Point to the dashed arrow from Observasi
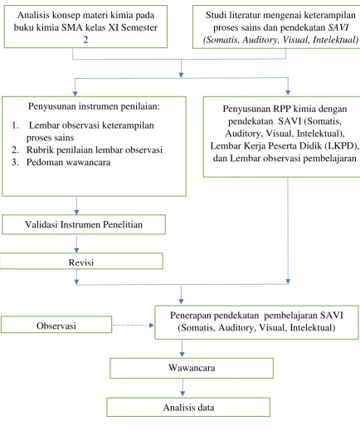(x=134, y=326)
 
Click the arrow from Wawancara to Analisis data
(x=182, y=387)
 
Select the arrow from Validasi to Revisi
(x=76, y=243)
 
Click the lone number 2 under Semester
(x=85, y=40)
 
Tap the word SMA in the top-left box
(x=72, y=27)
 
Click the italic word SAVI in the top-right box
(x=338, y=27)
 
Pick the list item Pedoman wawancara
(x=68, y=162)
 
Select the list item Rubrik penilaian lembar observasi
(x=95, y=149)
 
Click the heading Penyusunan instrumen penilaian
(x=94, y=106)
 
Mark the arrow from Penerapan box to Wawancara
(x=182, y=348)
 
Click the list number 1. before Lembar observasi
(x=15, y=125)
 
